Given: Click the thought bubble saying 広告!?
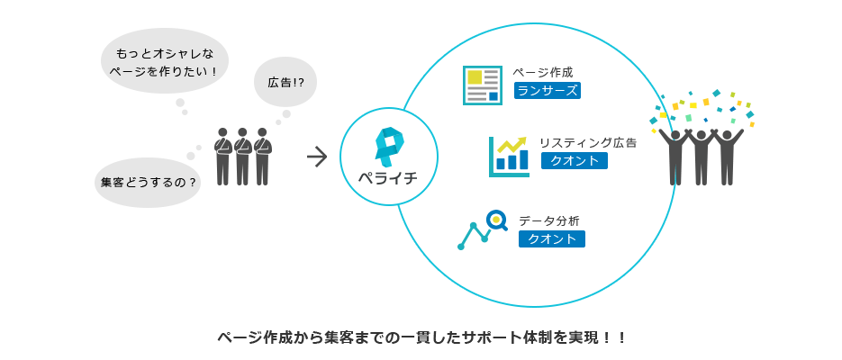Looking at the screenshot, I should (x=285, y=82).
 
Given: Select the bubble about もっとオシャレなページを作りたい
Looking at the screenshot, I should (x=165, y=60).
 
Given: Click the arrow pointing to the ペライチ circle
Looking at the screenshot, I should (x=316, y=157).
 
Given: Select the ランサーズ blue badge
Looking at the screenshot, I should (x=548, y=90).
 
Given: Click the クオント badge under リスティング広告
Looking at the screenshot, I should (x=574, y=160).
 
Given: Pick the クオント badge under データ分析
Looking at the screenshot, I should (x=551, y=238).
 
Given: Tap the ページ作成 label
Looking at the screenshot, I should (x=542, y=72).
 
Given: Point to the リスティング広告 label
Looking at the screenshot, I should (x=587, y=142).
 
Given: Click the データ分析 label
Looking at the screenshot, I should (x=548, y=220).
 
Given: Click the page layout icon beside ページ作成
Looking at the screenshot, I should (x=482, y=85).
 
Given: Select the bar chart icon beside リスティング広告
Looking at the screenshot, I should (x=509, y=157).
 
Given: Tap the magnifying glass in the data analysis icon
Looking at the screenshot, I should (x=496, y=219).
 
